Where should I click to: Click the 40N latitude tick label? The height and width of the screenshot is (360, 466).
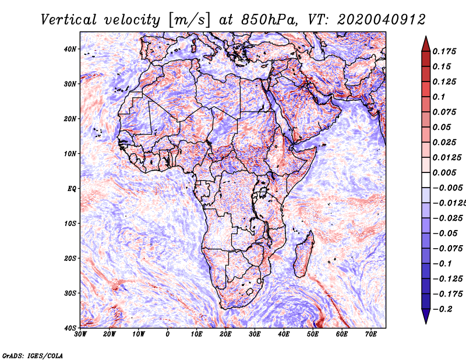70,49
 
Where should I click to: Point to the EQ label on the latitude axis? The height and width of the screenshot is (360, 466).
72,189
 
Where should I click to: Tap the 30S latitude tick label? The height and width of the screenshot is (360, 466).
70,293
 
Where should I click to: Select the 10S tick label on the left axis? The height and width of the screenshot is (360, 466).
70,223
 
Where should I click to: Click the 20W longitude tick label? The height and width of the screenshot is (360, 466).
110,334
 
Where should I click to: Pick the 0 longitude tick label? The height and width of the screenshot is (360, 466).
168,334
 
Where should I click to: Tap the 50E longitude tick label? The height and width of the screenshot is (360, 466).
313,334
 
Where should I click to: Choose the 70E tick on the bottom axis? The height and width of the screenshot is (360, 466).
371,334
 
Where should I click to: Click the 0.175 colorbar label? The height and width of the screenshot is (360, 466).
444,51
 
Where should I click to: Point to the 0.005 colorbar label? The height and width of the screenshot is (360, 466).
444,172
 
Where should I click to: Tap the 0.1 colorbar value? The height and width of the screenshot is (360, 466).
439,97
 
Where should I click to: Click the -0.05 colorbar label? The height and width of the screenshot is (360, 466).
444,233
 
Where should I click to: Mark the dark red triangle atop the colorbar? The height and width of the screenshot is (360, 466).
426,45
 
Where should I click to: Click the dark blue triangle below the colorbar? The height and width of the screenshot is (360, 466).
426,316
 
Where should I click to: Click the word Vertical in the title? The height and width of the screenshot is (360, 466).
69,20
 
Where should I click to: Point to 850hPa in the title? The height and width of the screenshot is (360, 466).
269,20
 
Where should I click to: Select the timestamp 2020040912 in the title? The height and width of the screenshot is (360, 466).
382,20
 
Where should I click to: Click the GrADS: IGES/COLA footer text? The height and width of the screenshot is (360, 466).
33,355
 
